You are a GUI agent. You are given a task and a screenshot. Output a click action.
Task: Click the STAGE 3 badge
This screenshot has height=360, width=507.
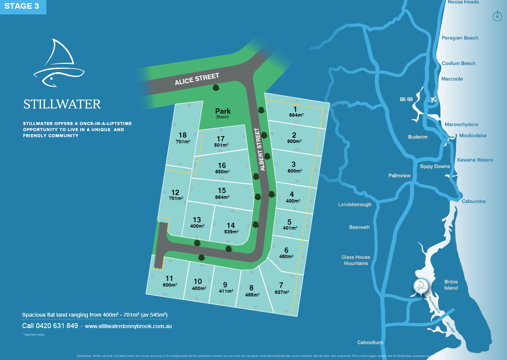[x=22, y=6]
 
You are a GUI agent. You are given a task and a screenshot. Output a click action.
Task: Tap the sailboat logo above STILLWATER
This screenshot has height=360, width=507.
[x=59, y=63]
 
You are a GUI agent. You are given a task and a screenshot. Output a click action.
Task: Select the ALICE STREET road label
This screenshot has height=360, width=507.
[x=197, y=79]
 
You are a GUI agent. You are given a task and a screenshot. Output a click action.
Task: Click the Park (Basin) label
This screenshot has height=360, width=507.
[x=223, y=113]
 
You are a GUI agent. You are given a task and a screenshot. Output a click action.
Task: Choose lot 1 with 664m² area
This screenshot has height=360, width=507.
[x=296, y=112]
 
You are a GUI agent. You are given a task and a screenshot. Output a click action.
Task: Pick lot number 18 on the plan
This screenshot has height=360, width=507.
[x=183, y=138]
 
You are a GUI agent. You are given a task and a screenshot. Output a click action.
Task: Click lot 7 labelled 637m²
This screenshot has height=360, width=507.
[x=281, y=288]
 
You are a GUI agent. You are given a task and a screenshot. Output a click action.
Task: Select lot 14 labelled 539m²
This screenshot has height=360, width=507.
[x=231, y=228]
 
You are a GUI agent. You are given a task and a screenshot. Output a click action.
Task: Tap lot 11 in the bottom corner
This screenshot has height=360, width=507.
[x=169, y=281]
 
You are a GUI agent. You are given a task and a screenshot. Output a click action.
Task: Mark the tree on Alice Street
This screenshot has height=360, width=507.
[x=216, y=88]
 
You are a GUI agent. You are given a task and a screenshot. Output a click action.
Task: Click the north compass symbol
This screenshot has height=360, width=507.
[x=497, y=16]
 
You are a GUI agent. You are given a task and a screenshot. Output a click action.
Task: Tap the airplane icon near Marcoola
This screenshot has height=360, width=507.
[x=433, y=100]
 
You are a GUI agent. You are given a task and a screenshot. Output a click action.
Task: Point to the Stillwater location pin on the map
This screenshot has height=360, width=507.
[x=421, y=286]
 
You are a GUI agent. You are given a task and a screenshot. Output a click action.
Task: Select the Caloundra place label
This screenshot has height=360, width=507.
[x=473, y=201]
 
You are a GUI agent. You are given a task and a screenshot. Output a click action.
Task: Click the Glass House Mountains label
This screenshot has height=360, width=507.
[x=356, y=260]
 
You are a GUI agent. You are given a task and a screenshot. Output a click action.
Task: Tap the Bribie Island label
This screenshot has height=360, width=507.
[x=451, y=285]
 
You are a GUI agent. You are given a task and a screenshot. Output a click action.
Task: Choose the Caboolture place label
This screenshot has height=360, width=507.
[x=370, y=342]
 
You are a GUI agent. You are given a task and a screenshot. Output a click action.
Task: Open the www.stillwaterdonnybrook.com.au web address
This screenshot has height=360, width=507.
[x=128, y=326]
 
